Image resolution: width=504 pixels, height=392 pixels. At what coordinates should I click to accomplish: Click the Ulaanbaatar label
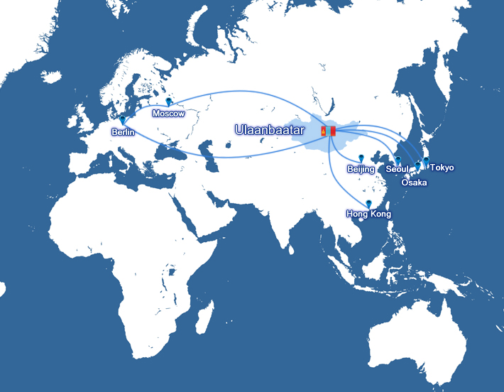[x=269, y=131]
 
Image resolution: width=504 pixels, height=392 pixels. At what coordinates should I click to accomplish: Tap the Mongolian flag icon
[x=327, y=131]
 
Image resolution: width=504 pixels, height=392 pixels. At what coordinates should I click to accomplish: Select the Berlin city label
[x=123, y=132]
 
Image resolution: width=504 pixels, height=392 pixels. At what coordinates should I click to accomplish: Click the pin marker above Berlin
[x=123, y=121]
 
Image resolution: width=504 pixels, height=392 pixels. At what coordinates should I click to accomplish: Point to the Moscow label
[x=168, y=114]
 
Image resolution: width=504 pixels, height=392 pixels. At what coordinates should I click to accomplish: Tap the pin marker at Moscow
[x=168, y=102]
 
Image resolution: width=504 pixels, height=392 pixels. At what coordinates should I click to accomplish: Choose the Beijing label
[x=361, y=169]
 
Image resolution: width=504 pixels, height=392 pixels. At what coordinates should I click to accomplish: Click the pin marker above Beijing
[x=361, y=158]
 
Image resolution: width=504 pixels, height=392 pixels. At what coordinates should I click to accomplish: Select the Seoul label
[x=398, y=170]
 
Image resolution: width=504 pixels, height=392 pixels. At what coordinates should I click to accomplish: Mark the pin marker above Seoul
[x=398, y=160]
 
